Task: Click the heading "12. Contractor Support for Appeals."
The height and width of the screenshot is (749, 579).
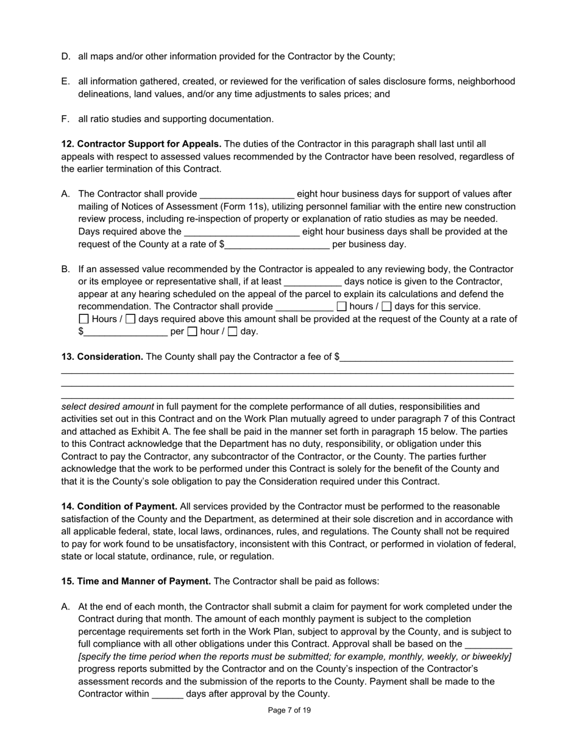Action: pos(141,144)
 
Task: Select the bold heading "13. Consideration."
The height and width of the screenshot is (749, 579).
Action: pos(102,357)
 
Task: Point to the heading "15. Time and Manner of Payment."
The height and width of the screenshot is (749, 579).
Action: pos(136,582)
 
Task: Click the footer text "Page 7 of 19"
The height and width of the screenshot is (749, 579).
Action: pos(289,710)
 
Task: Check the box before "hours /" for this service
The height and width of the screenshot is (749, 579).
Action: pos(341,307)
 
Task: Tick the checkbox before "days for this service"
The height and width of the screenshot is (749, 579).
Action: pos(386,307)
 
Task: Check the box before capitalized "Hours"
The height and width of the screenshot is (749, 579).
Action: pos(84,319)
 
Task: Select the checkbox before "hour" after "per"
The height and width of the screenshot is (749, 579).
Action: pos(192,332)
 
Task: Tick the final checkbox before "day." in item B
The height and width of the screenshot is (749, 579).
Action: pos(232,332)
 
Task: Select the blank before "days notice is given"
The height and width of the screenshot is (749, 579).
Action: pos(313,282)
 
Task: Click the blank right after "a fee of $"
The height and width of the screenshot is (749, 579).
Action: pos(427,357)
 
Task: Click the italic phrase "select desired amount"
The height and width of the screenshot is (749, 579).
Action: pos(108,407)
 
